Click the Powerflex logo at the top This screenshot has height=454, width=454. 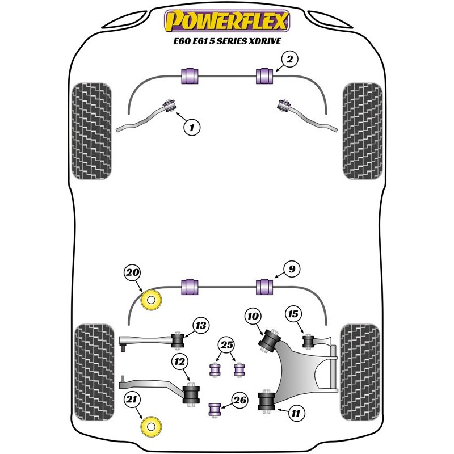pyautogui.click(x=227, y=21)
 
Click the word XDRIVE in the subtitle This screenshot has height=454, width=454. pyautogui.click(x=264, y=41)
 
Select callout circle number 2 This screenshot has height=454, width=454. pyautogui.click(x=289, y=60)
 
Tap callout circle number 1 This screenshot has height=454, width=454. pyautogui.click(x=192, y=127)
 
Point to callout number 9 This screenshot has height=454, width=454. pyautogui.click(x=292, y=269)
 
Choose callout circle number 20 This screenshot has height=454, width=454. pyautogui.click(x=132, y=272)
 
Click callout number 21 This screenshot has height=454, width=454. pyautogui.click(x=132, y=400)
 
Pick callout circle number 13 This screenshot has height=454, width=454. pyautogui.click(x=201, y=325)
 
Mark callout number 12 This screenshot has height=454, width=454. pyautogui.click(x=179, y=361)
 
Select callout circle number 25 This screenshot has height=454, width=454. pyautogui.click(x=226, y=345)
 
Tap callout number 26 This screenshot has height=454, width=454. pyautogui.click(x=240, y=400)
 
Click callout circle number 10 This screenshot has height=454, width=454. pyautogui.click(x=253, y=316)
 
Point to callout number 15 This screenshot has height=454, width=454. pyautogui.click(x=293, y=314)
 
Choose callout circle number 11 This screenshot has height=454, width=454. pyautogui.click(x=296, y=413)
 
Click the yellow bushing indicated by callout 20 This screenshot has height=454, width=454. pyautogui.click(x=151, y=300)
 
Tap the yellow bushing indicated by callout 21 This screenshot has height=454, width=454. pyautogui.click(x=151, y=427)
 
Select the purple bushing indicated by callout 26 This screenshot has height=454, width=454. pyautogui.click(x=215, y=409)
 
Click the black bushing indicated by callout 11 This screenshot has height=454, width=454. pyautogui.click(x=266, y=401)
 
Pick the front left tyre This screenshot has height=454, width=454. pyautogui.click(x=91, y=131)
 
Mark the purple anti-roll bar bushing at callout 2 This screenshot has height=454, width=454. pyautogui.click(x=264, y=75)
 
